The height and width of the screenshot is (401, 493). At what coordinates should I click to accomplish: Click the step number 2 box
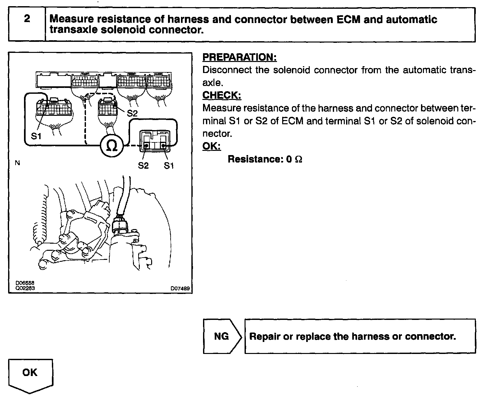27,25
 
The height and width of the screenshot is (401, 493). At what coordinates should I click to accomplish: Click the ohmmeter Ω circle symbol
111,146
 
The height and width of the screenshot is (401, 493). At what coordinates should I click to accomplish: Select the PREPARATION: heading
239,57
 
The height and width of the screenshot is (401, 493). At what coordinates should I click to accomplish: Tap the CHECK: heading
222,95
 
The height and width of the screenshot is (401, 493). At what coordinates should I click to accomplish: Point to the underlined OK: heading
211,146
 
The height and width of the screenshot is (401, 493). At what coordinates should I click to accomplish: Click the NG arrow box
222,336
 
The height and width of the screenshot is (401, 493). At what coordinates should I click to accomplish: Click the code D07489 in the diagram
180,288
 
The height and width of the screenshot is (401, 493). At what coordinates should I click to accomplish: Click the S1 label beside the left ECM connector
36,136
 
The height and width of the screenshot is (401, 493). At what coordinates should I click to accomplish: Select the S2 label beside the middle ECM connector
132,113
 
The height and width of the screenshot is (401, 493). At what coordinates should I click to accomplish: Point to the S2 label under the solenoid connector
143,166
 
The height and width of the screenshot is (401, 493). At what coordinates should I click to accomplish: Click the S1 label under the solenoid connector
169,166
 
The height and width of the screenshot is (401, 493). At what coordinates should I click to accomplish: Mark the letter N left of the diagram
18,163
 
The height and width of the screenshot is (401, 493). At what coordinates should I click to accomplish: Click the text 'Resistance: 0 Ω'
265,159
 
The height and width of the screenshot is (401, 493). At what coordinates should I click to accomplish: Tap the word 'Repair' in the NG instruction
265,336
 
